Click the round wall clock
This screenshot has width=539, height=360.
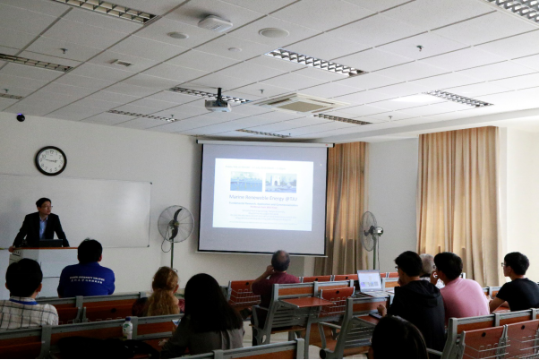(50, 160)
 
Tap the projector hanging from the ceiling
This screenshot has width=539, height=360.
(217, 104)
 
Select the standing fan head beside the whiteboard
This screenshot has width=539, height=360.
(175, 224)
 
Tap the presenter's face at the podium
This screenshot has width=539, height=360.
(43, 208)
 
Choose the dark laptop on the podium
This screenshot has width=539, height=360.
(49, 243)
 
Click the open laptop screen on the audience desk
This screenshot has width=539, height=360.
(369, 281)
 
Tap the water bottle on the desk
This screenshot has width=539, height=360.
(127, 329)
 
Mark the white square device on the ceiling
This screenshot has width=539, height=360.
(215, 22)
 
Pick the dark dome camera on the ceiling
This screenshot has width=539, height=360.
(20, 117)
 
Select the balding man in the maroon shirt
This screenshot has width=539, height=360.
(276, 278)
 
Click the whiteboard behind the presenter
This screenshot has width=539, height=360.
(98, 210)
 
